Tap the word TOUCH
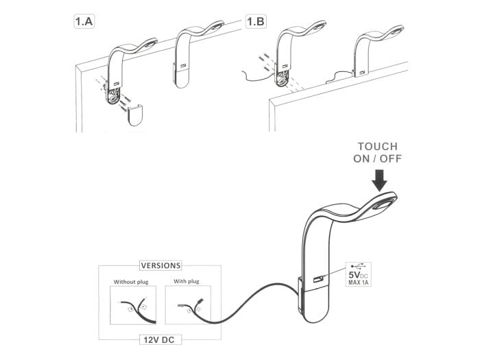(381, 146)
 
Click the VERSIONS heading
(160, 265)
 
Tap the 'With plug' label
(186, 281)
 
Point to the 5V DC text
(359, 276)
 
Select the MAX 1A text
(359, 285)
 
